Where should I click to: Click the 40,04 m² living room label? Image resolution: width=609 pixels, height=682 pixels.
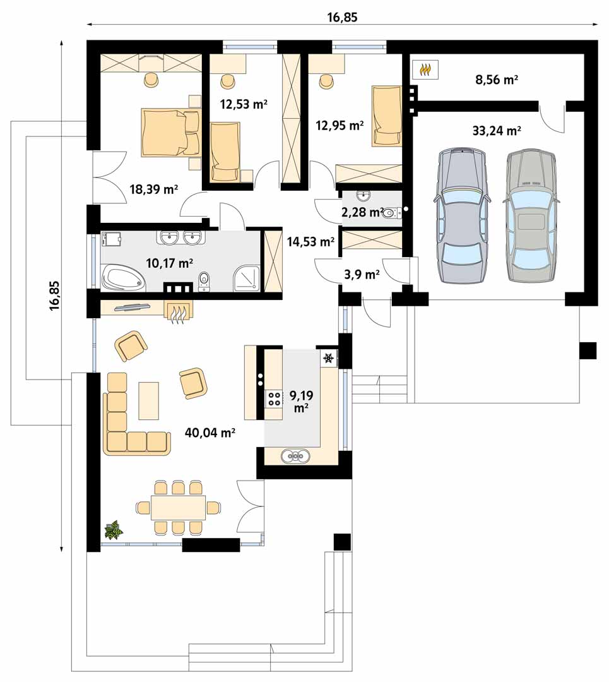(x=210, y=433)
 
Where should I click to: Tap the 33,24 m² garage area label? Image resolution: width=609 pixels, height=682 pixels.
(x=497, y=131)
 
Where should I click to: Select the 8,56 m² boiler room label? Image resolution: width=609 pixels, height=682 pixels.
(x=497, y=80)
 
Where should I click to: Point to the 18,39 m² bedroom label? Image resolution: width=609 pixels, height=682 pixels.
(x=154, y=189)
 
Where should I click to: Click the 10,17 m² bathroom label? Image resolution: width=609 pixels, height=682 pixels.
(x=170, y=263)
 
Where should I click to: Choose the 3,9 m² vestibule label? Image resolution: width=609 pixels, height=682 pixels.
(x=362, y=275)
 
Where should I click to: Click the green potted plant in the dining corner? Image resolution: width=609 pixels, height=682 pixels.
(x=114, y=530)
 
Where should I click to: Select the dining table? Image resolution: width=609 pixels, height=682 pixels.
(x=178, y=508)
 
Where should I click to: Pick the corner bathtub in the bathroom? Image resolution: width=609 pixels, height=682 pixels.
(x=124, y=279)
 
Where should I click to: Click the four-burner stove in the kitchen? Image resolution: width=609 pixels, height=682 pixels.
(x=274, y=399)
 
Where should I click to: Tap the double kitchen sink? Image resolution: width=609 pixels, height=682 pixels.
(x=295, y=456)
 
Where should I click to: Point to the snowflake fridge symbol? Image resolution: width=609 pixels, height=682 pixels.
(x=329, y=359)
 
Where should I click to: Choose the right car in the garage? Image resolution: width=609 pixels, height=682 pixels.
(x=531, y=216)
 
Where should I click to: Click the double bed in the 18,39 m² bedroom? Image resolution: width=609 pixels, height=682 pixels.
(x=170, y=132)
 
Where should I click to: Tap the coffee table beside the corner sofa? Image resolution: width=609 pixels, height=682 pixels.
(x=149, y=400)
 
